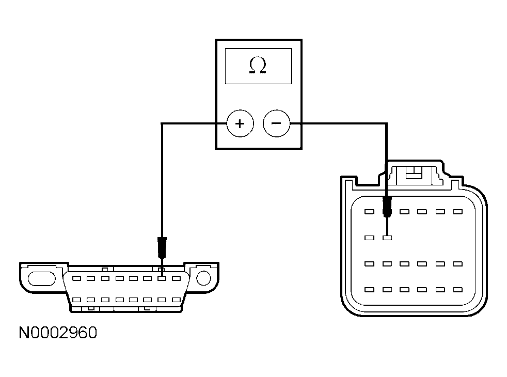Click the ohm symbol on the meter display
click(x=258, y=66)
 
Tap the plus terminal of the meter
click(x=240, y=124)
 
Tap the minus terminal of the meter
click(x=276, y=124)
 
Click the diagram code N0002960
click(x=58, y=333)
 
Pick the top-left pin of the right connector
click(x=369, y=212)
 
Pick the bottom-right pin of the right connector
click(x=457, y=290)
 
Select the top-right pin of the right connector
click(x=457, y=212)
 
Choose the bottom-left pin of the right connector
click(x=369, y=290)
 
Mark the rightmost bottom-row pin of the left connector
click(x=176, y=300)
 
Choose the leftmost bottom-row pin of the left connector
click(x=77, y=300)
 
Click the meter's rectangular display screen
click(x=258, y=66)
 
